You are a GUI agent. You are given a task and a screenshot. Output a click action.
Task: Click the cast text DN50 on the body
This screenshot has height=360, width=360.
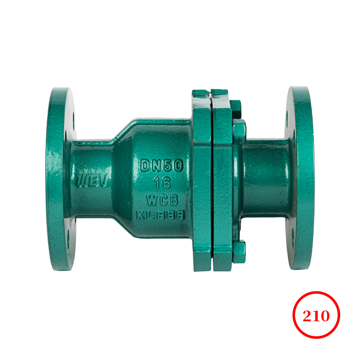(x=162, y=166)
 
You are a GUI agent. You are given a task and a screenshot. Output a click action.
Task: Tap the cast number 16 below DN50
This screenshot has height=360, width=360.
(x=162, y=183)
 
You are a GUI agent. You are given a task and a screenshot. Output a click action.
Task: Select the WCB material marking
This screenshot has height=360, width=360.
(x=162, y=199)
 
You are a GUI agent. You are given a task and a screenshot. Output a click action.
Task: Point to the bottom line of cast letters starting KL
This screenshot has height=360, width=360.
(x=161, y=215)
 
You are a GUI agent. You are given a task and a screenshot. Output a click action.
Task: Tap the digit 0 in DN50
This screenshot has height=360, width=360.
(x=178, y=166)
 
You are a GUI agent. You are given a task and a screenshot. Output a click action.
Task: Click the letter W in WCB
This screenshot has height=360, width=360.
(x=151, y=199)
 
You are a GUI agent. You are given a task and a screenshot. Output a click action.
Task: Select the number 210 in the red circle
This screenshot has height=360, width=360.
(x=316, y=315)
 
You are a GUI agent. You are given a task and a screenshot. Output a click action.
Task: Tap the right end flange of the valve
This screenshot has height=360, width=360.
(x=301, y=180)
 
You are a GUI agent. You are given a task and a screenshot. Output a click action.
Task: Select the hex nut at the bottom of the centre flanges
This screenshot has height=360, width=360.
(x=238, y=250)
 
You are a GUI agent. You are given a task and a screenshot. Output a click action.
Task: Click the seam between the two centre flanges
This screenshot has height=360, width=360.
(x=211, y=180)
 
